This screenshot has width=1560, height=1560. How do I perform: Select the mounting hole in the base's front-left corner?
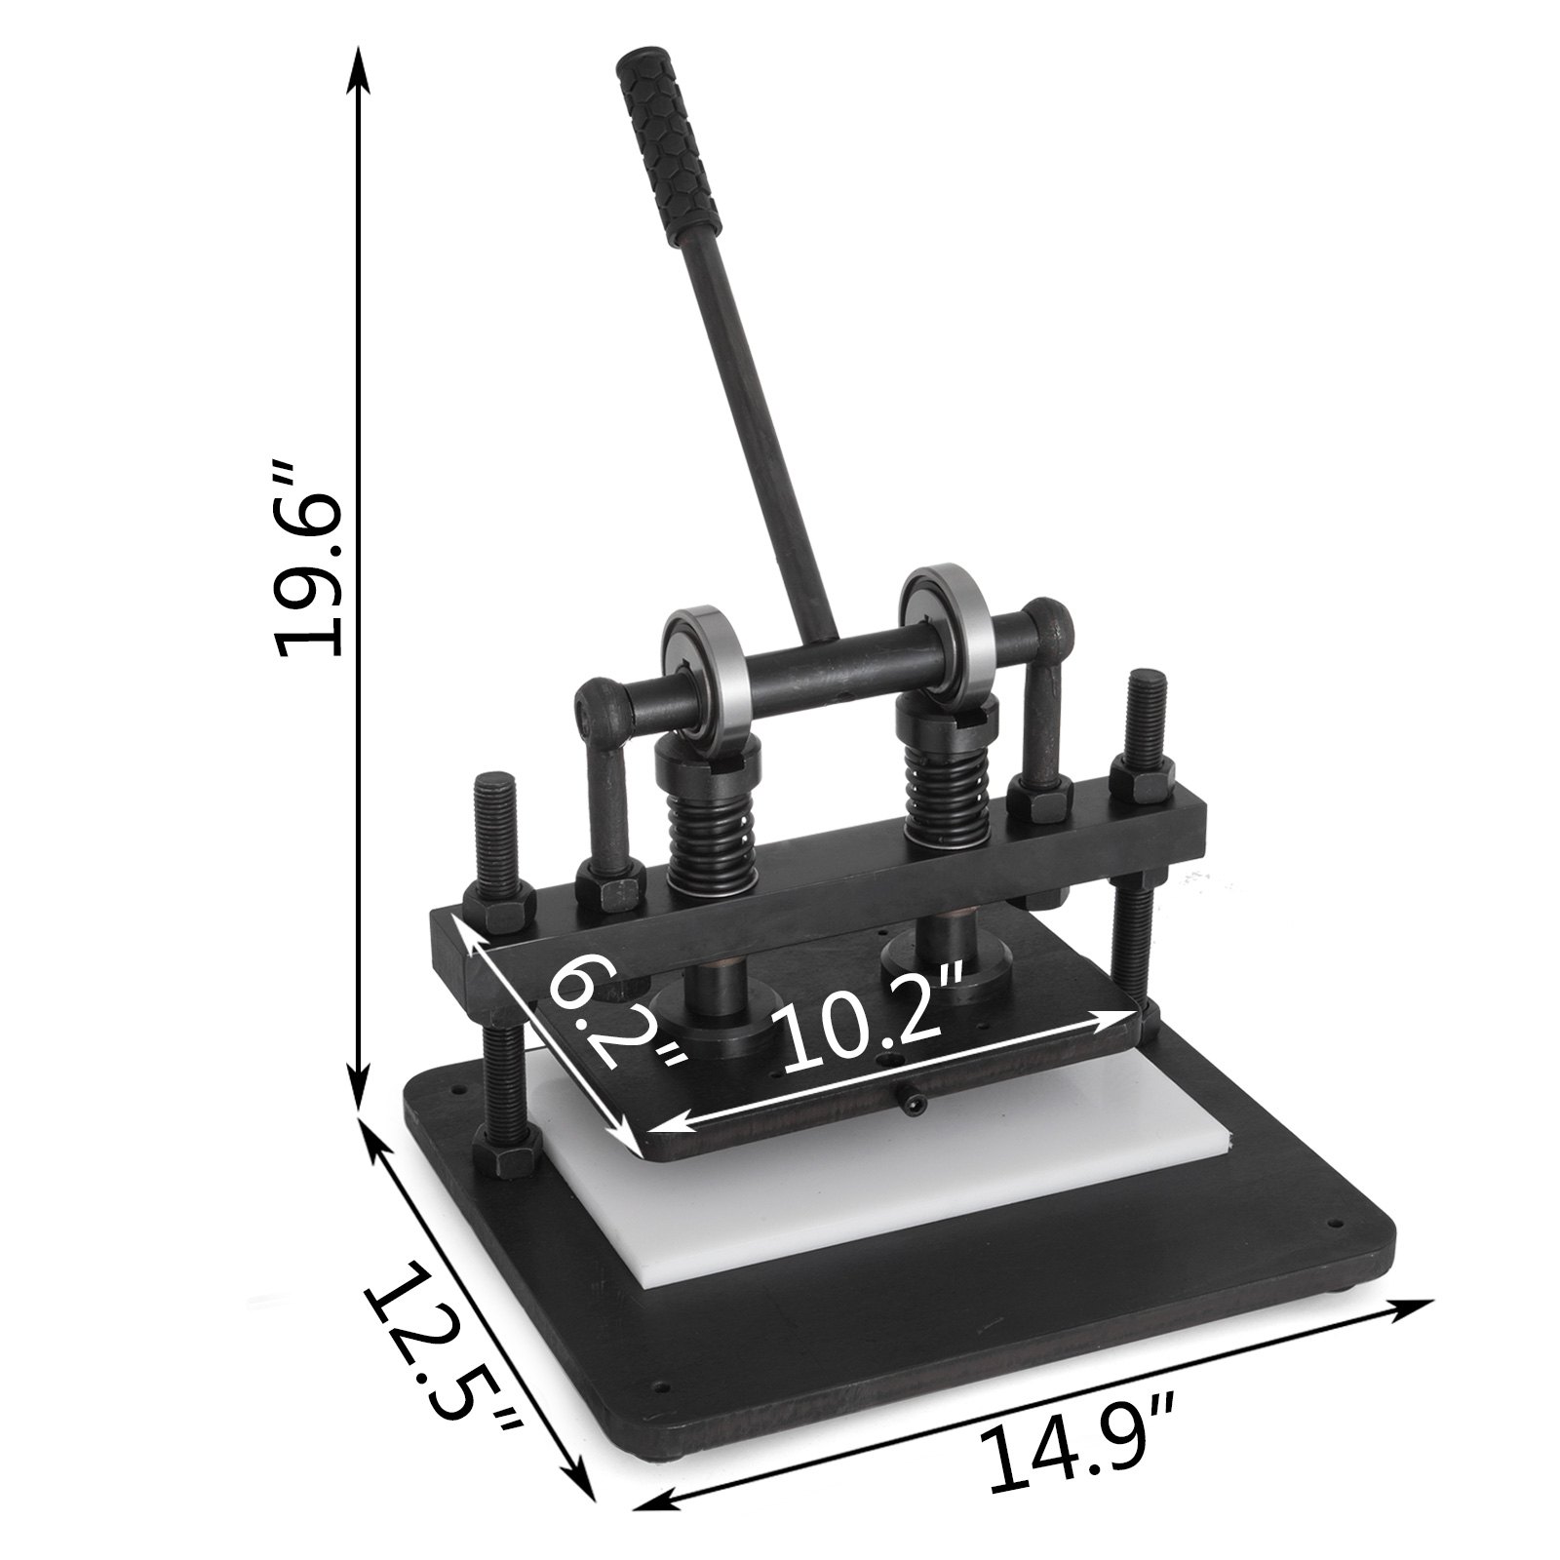[x=665, y=1383]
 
